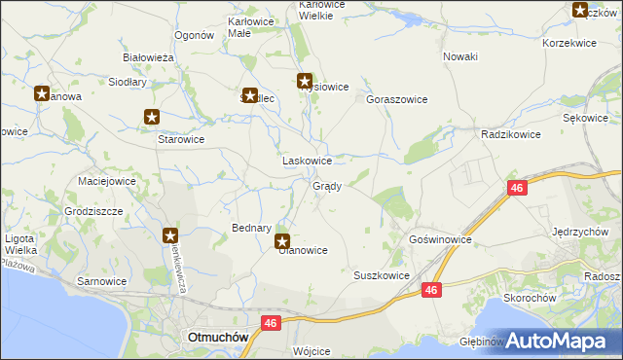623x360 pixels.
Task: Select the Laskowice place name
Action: pyautogui.click(x=307, y=161)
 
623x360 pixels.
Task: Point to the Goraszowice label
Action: pyautogui.click(x=397, y=99)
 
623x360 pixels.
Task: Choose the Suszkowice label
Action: pyautogui.click(x=381, y=275)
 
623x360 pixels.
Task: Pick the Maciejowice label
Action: pyautogui.click(x=106, y=181)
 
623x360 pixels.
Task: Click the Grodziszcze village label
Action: pyautogui.click(x=92, y=210)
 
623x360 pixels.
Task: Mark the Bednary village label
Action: pyautogui.click(x=251, y=228)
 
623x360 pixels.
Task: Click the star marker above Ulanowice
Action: pyautogui.click(x=282, y=241)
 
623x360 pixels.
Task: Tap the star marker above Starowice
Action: pyautogui.click(x=152, y=118)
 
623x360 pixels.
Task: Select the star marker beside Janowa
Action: pyautogui.click(x=42, y=94)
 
